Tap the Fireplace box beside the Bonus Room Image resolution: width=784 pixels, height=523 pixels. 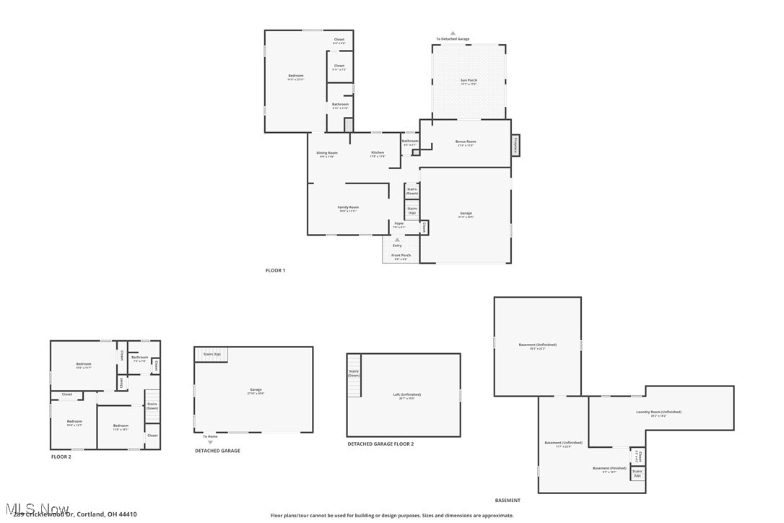coord(515,145)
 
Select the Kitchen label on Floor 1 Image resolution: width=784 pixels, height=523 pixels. coord(378,153)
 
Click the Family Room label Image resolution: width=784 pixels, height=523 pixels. coord(348,208)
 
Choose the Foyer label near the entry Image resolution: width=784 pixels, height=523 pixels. coord(399,225)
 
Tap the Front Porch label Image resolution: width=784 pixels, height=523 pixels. coord(401,256)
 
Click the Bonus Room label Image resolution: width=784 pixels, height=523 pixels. coord(466,142)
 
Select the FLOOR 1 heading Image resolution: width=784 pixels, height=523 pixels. coord(275,270)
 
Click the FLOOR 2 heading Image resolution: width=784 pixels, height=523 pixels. coord(61,457)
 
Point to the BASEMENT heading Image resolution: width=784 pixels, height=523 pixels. coord(507,500)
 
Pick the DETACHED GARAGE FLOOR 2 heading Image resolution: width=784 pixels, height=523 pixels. coord(380,444)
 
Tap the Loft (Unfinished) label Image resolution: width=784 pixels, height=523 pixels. coord(406,395)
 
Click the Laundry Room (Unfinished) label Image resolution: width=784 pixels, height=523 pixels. coord(658,412)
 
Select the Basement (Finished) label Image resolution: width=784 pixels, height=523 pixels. coord(609,469)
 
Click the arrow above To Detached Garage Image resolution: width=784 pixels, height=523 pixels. coord(453,33)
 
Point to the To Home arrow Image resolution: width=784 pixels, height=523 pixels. coord(210,442)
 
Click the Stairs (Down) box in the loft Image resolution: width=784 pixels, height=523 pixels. coord(354,374)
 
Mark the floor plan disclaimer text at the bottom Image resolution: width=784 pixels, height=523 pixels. coord(392,515)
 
